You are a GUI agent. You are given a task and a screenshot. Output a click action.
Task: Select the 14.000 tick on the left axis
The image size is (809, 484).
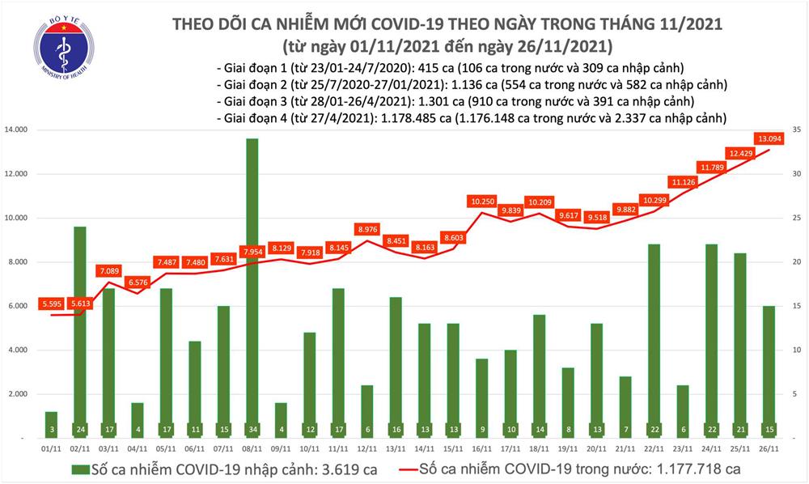(19, 130)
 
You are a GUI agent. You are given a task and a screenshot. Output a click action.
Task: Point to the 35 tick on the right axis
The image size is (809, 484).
(796, 130)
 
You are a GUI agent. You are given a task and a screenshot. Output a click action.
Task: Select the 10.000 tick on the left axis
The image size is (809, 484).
(19, 219)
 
